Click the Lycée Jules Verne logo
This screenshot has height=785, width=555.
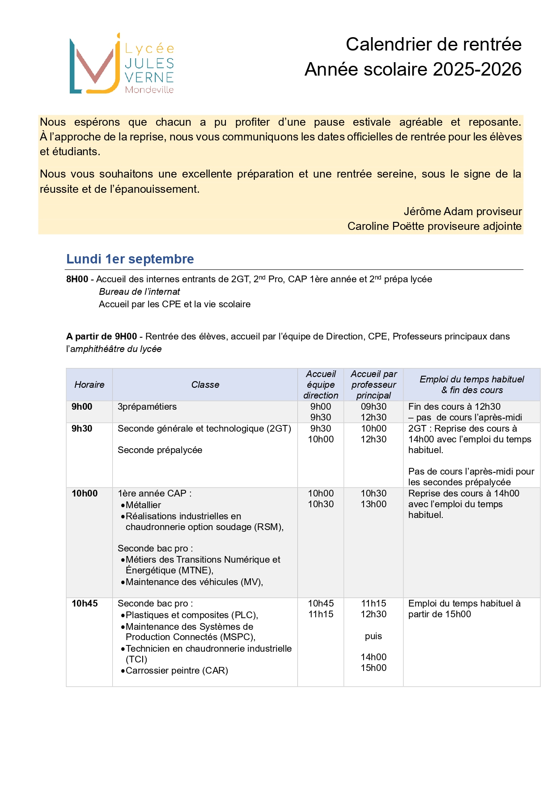[x=121, y=64]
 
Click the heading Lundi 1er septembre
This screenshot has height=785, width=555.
[x=130, y=259]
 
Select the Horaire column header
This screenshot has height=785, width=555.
[x=89, y=385]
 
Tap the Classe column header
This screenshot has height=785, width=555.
[x=205, y=385]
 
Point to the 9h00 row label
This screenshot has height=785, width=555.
[x=82, y=407]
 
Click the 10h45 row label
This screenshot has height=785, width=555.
[x=85, y=603]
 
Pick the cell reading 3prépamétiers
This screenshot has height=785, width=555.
[x=147, y=407]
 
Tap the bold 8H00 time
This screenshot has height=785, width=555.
[x=77, y=279]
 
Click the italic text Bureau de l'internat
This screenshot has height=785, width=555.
[x=139, y=292]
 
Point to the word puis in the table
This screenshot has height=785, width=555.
[x=373, y=636]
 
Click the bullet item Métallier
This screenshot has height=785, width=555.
[x=143, y=505]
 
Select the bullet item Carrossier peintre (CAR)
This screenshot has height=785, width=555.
[x=177, y=670]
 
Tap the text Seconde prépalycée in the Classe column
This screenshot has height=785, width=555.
[x=160, y=450]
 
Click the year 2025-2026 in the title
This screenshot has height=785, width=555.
[x=477, y=69]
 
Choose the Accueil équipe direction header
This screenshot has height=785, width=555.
[x=321, y=385]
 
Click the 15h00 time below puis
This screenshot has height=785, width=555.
[x=373, y=668]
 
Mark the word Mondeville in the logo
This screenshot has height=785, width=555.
[x=149, y=89]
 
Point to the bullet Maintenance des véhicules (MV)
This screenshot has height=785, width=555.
[x=194, y=582]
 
